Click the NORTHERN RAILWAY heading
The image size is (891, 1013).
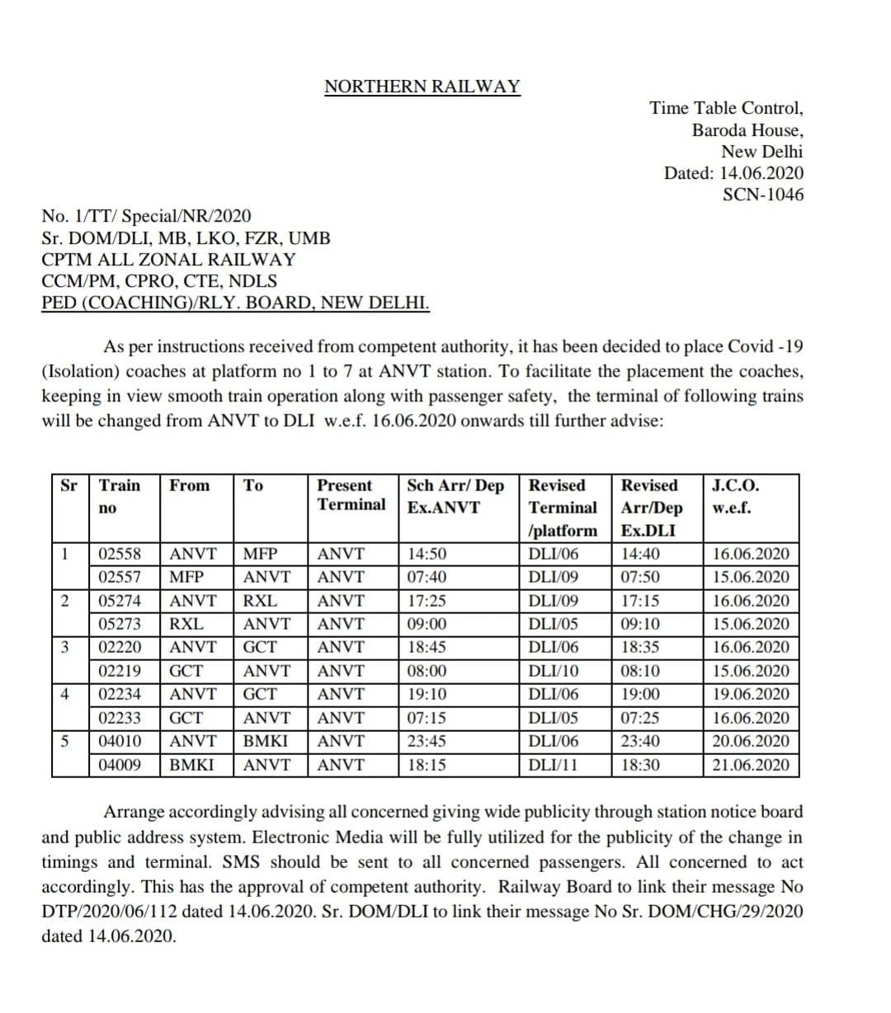[422, 87]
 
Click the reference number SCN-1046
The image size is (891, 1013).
[762, 195]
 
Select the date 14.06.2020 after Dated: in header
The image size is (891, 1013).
[761, 174]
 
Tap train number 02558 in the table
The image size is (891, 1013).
[120, 554]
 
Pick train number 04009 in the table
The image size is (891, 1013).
[120, 765]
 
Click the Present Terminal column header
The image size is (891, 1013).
[351, 495]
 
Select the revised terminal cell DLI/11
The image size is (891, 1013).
[553, 765]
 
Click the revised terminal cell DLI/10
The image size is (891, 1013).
[554, 671]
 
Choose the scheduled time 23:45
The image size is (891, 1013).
[427, 741]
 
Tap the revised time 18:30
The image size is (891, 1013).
[640, 765]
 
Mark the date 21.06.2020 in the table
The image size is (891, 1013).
[750, 765]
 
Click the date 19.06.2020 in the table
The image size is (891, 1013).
[750, 695]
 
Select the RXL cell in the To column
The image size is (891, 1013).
[261, 601]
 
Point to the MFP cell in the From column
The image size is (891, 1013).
[186, 577]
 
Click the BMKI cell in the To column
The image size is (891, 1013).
[266, 741]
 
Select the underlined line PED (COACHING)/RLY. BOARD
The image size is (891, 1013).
[235, 302]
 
